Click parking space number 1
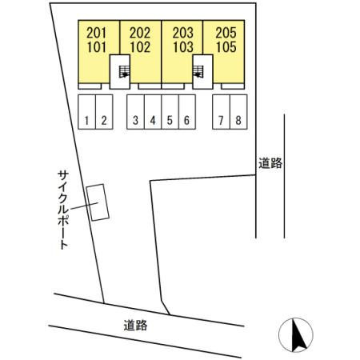click(x=86, y=112)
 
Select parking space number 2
click(x=104, y=112)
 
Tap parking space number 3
click(x=135, y=112)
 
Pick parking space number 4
click(x=153, y=112)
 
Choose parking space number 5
click(x=170, y=112)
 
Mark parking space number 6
click(x=187, y=112)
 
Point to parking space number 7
click(x=221, y=112)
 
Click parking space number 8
click(x=238, y=112)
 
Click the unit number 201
click(x=97, y=33)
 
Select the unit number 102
click(x=140, y=47)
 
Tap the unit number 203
click(x=183, y=33)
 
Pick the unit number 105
click(x=226, y=47)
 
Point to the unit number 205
click(x=226, y=33)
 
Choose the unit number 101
click(x=97, y=47)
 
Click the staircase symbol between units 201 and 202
click(x=124, y=72)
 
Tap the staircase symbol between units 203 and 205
click(x=198, y=72)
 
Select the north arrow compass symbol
click(x=296, y=335)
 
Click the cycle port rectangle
click(x=98, y=202)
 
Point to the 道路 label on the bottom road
click(x=135, y=326)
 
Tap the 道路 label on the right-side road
click(x=270, y=163)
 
